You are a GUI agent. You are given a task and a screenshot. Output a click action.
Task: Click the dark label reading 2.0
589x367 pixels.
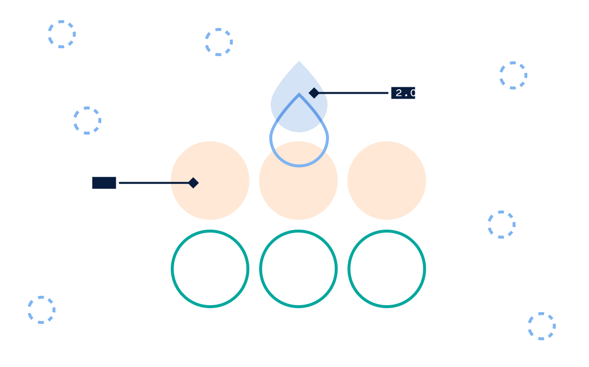pos(403,93)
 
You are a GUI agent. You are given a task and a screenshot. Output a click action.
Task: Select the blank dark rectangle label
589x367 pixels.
pos(104,183)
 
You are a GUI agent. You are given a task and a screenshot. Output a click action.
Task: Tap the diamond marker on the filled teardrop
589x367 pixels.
pos(314,93)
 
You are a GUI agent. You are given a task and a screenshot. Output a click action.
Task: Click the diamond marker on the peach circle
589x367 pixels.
pos(193,183)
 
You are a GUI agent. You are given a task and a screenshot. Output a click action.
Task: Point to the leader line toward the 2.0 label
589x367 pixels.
pos(354,93)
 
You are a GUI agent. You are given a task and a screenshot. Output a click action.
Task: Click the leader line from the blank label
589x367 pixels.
pos(154,183)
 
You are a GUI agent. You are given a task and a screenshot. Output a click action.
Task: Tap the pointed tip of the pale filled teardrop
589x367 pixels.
pos(299,61)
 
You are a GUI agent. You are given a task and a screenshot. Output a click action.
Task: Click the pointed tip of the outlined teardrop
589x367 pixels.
pos(299,94)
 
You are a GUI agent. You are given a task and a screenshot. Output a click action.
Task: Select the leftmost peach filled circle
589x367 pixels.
pos(210,181)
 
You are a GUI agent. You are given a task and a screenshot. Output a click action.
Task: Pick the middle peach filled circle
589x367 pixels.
pos(298,181)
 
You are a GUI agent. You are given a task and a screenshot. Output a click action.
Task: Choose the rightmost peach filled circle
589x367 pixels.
pos(387,181)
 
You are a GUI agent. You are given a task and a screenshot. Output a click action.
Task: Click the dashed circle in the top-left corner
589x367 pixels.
pos(49,34)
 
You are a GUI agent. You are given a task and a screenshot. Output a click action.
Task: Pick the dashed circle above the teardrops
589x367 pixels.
pos(206,42)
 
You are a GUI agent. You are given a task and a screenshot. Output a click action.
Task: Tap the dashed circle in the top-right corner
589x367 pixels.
pos(500,76)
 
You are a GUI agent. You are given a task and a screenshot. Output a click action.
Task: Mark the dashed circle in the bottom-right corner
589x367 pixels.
pos(529,326)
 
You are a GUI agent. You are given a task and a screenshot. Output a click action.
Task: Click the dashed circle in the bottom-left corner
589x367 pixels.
pos(28,310)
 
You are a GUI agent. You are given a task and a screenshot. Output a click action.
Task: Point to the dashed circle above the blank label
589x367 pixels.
pos(74,121)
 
